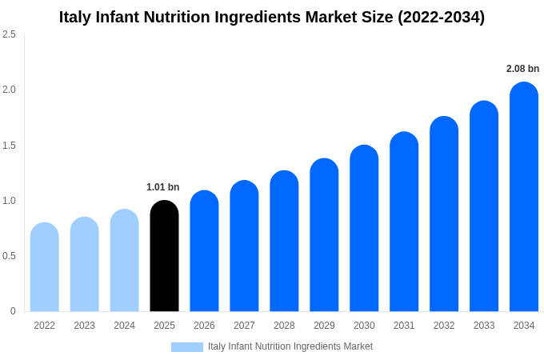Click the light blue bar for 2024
(x=124, y=261)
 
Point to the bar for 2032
(x=444, y=214)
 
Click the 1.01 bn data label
(x=162, y=187)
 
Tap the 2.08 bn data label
(x=522, y=69)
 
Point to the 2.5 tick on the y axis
(x=9, y=34)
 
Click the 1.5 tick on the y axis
(x=9, y=146)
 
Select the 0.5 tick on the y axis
(x=9, y=256)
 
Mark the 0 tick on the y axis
(x=13, y=311)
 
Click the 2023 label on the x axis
(x=84, y=326)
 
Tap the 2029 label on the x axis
(x=324, y=326)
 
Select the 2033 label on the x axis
(x=484, y=326)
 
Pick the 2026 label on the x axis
(x=204, y=326)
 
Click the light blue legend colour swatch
(x=186, y=346)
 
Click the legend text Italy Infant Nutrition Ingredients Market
(x=290, y=346)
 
